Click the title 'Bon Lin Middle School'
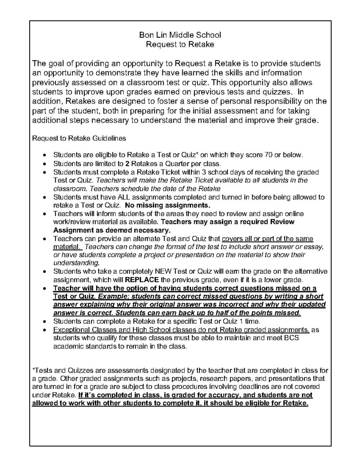[x=180, y=35]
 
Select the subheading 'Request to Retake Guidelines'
[x=79, y=138]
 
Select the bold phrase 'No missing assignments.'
[x=168, y=206]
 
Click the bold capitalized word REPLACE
[x=141, y=280]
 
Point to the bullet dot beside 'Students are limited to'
[x=44, y=164]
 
